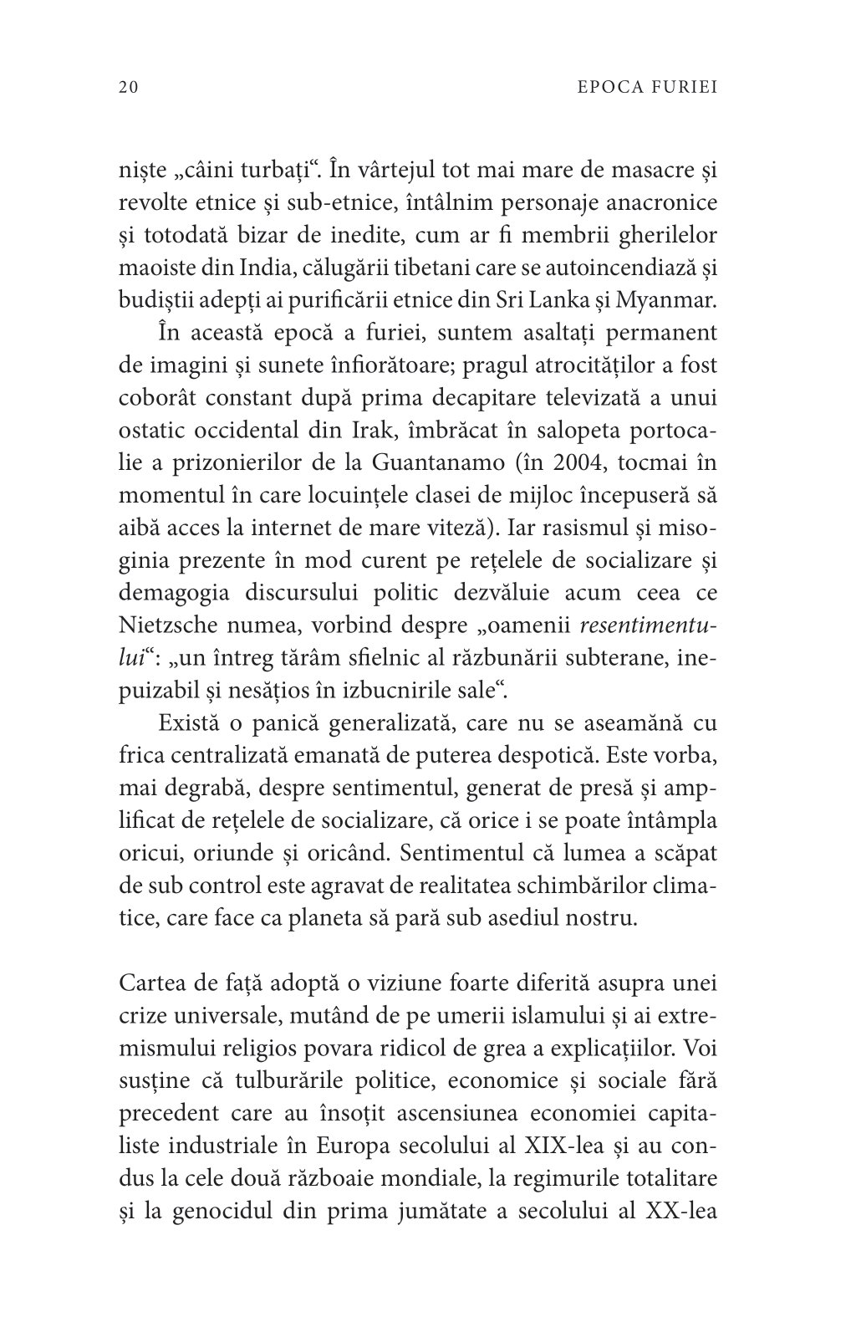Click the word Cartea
[x=149, y=983]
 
